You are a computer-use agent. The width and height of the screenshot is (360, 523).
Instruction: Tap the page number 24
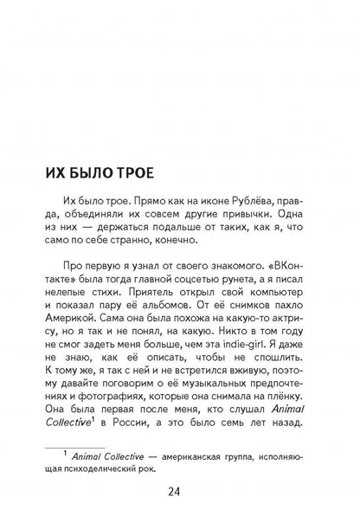point(180,492)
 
